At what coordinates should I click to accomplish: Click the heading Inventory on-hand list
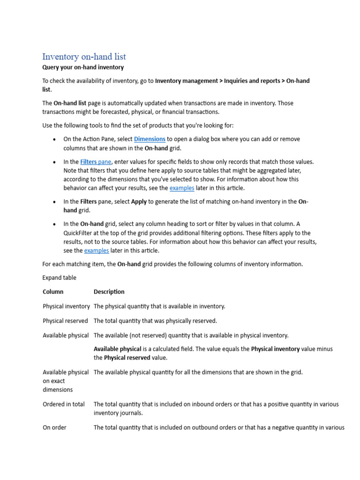coord(84,57)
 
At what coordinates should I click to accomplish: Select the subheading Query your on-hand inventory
coord(83,67)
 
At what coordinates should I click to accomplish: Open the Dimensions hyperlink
coord(150,139)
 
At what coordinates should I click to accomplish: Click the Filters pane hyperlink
coord(96,162)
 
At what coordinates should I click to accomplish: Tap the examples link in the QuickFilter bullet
coord(96,251)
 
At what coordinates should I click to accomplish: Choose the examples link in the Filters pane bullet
coord(181,188)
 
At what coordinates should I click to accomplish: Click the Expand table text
coord(59,278)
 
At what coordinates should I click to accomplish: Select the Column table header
coord(53,292)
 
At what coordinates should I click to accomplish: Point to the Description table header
coord(109,292)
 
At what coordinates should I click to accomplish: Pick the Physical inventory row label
coord(66,306)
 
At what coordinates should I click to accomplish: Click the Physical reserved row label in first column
coord(65,321)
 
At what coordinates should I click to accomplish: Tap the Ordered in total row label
coord(64,404)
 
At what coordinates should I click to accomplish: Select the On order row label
coord(54,427)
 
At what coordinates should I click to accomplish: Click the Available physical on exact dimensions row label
coord(66,381)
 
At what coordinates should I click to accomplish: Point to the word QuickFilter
coord(79,233)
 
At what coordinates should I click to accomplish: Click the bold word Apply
coord(139,202)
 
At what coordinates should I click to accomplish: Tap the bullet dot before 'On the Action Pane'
coord(55,140)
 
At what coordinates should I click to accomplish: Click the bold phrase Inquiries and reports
coord(251,81)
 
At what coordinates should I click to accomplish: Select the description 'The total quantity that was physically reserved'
coord(155,321)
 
